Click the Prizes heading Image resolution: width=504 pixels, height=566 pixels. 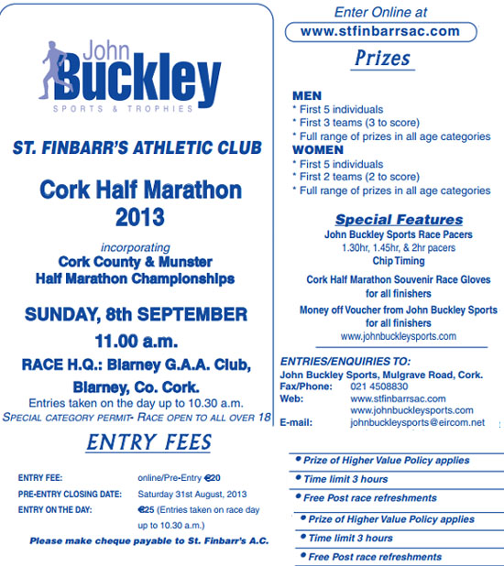(x=381, y=59)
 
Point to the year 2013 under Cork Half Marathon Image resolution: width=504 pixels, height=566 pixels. (x=140, y=217)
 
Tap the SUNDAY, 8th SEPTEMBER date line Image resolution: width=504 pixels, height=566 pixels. (x=136, y=315)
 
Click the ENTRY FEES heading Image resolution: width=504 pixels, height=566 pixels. (x=149, y=442)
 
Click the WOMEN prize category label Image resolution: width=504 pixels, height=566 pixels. (x=317, y=149)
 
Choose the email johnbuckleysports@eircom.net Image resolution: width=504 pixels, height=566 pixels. (x=417, y=423)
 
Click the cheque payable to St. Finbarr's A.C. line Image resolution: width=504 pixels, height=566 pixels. (x=148, y=541)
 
